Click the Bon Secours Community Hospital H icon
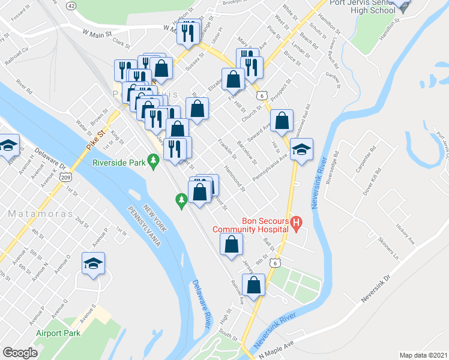point(295,224)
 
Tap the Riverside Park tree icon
point(154,160)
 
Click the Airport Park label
point(58,333)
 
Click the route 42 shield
point(71,5)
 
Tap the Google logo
point(20,353)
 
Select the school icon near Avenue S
point(93,265)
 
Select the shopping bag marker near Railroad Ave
point(254,285)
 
